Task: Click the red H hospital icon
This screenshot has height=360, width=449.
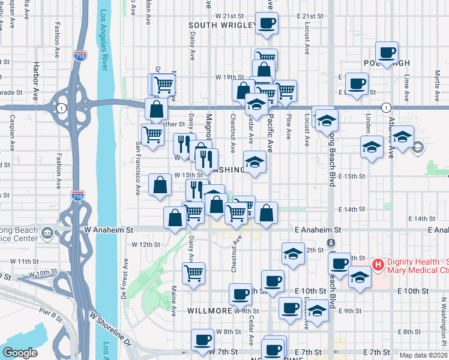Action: point(378,264)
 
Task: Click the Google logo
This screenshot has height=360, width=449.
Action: point(20,353)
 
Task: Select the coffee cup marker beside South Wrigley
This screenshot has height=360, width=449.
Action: point(267,24)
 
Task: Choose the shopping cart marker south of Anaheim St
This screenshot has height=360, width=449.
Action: point(193,273)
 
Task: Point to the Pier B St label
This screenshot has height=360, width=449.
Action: point(51,312)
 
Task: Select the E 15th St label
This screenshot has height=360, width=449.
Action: point(352,176)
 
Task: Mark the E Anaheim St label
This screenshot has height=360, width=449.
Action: point(318,230)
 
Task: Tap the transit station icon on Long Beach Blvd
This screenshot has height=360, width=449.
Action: point(330,243)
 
